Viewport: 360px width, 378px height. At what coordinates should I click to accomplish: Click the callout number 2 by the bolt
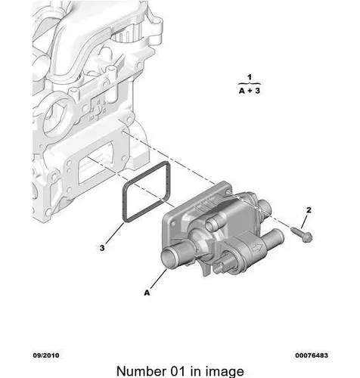(309, 210)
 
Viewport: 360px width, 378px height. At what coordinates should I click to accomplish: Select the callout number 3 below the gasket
(102, 248)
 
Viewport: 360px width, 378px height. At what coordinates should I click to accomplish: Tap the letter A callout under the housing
(147, 293)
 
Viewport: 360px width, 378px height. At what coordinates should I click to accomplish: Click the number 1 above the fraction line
(250, 77)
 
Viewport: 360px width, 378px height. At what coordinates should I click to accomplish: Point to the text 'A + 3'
(250, 91)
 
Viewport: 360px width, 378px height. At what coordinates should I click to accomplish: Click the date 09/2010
(46, 355)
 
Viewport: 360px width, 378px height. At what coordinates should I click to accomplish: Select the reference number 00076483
(312, 355)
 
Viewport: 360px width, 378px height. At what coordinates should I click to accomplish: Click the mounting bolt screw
(302, 234)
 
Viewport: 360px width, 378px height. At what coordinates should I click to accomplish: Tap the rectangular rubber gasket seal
(146, 192)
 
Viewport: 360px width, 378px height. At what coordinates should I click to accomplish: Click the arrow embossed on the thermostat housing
(258, 248)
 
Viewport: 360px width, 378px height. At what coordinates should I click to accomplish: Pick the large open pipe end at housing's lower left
(169, 256)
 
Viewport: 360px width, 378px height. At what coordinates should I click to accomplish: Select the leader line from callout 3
(115, 233)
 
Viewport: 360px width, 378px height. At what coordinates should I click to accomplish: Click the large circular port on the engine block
(54, 117)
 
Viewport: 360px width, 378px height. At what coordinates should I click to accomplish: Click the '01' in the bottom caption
(176, 371)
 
